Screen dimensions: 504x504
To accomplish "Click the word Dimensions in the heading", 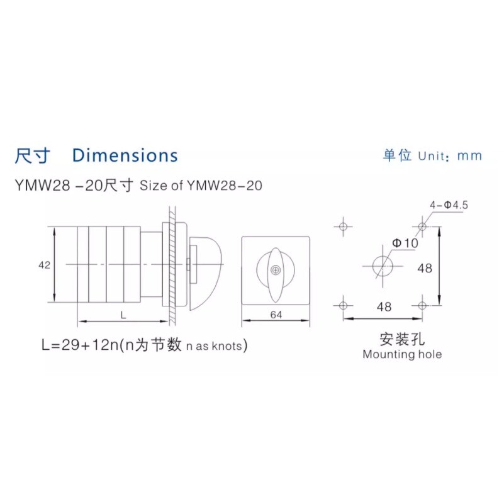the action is pyautogui.click(x=125, y=155).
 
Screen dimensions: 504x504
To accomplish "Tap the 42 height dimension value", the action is pyautogui.click(x=44, y=265).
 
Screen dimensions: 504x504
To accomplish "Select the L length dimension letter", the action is pyautogui.click(x=123, y=315).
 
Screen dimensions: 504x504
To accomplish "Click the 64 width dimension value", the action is pyautogui.click(x=276, y=315).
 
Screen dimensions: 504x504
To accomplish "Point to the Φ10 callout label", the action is pyautogui.click(x=405, y=243).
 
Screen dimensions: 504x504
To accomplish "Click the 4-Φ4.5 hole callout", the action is pyautogui.click(x=449, y=204).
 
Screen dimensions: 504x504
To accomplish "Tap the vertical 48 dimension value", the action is pyautogui.click(x=425, y=268).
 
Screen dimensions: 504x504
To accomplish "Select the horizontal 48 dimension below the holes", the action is pyautogui.click(x=384, y=306).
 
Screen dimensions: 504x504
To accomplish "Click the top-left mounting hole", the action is pyautogui.click(x=344, y=227).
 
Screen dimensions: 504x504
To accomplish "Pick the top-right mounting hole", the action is pyautogui.click(x=422, y=227).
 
